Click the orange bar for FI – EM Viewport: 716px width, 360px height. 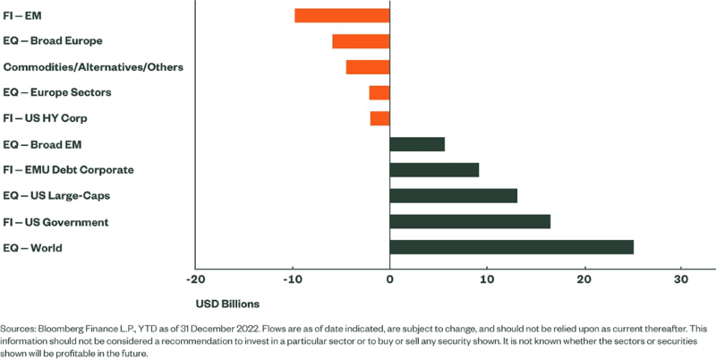click(x=342, y=15)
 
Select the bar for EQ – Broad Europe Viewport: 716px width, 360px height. click(x=361, y=41)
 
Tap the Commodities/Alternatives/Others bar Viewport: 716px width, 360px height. click(x=368, y=67)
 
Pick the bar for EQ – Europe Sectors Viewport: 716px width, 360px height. click(x=379, y=92)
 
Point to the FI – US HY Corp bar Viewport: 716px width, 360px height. click(x=379, y=118)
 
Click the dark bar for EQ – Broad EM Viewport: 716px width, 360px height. click(x=417, y=144)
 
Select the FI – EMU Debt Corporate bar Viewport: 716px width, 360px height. click(x=434, y=170)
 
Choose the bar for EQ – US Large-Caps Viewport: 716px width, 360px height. click(x=454, y=195)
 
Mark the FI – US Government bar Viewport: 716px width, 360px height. click(x=470, y=221)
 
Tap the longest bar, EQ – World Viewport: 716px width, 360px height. click(x=512, y=247)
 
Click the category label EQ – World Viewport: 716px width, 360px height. click(x=33, y=247)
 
